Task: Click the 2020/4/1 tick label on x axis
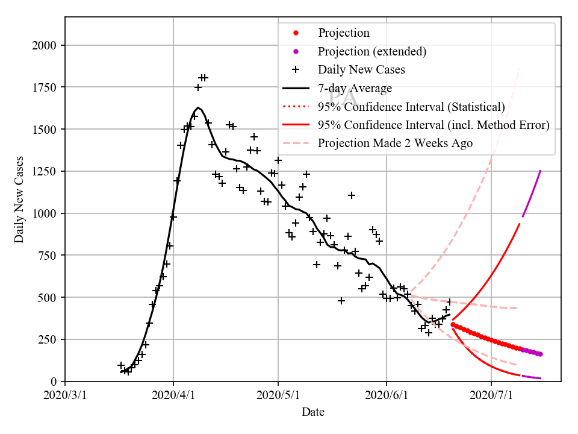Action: click(x=173, y=395)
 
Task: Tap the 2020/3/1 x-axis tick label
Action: click(x=65, y=395)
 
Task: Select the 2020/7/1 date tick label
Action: click(x=491, y=395)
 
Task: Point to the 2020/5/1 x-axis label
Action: click(x=278, y=395)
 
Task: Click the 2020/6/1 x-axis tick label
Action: click(x=386, y=395)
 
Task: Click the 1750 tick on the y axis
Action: click(x=45, y=87)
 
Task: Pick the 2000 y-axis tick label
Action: click(x=45, y=46)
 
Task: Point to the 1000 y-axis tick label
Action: click(x=45, y=213)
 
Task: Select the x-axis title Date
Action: click(x=313, y=412)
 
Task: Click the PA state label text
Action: click(x=342, y=96)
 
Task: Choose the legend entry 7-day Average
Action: click(x=355, y=89)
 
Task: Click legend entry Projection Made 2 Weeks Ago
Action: click(x=395, y=143)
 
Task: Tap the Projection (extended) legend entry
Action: click(x=372, y=51)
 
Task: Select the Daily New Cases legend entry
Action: click(x=361, y=70)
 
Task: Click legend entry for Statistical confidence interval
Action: click(x=411, y=107)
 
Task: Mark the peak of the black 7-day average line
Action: click(x=198, y=108)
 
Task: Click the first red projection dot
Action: click(x=453, y=324)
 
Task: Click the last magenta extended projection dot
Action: click(x=540, y=354)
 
